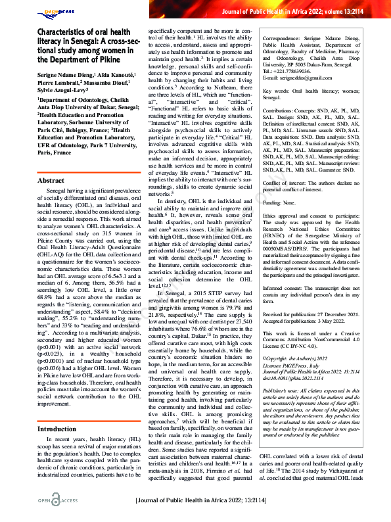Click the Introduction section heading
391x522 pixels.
click(57, 410)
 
